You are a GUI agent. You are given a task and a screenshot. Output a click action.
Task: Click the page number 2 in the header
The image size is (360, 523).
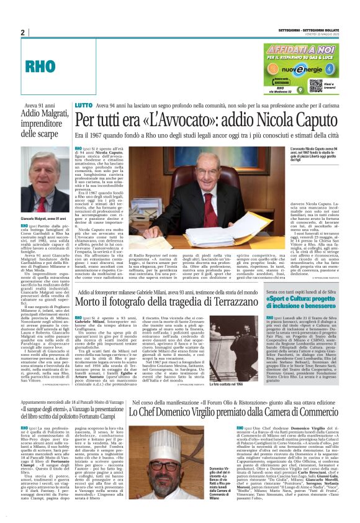point(22,33)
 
